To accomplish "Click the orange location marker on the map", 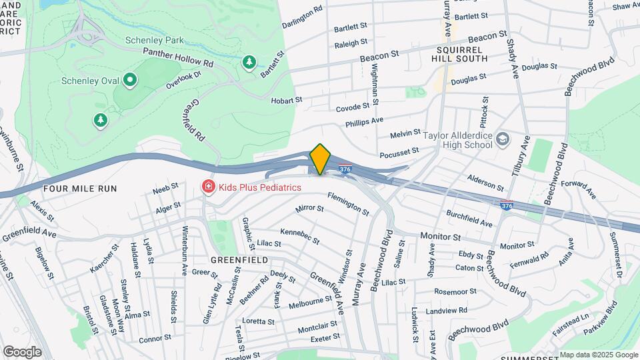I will tap(320, 159).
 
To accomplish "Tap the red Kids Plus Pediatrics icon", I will tap(209, 188).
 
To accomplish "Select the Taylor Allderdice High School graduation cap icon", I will tap(503, 139).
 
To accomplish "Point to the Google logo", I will tap(22, 351).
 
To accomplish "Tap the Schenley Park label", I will tap(154, 40).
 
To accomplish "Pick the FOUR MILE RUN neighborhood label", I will tap(79, 189).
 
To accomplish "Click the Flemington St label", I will tap(348, 203).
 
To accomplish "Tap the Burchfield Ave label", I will tap(470, 219).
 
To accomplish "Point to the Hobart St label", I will tap(287, 100).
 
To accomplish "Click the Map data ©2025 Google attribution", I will tap(599, 355).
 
